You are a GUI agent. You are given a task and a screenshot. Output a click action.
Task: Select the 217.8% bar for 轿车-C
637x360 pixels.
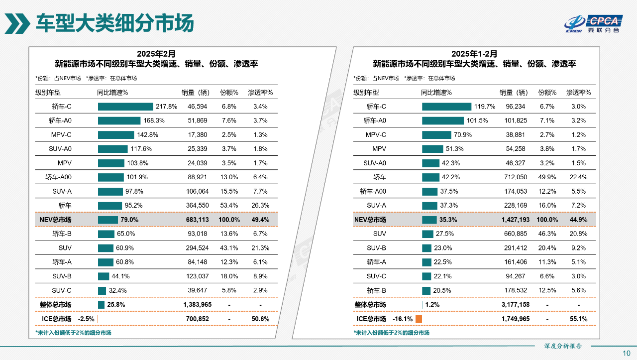click(125, 107)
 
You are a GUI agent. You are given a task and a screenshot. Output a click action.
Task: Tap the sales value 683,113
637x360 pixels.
click(197, 220)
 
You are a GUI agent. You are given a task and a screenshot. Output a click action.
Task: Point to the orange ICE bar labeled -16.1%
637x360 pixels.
click(419, 319)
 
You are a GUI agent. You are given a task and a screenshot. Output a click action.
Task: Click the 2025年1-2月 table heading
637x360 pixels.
click(474, 54)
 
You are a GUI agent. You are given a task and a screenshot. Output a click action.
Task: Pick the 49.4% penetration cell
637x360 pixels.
click(260, 220)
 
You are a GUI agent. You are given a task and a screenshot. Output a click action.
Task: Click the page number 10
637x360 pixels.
click(627, 353)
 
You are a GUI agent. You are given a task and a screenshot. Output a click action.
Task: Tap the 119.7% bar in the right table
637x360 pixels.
click(446, 107)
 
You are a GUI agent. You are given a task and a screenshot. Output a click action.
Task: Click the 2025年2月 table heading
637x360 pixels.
click(156, 54)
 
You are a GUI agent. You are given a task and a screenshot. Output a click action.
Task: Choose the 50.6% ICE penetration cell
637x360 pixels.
click(260, 319)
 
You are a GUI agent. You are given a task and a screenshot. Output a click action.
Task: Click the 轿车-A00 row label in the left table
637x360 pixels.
click(58, 177)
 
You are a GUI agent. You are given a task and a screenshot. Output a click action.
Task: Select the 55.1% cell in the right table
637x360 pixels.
click(578, 319)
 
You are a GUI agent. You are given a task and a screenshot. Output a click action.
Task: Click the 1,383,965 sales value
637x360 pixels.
click(197, 305)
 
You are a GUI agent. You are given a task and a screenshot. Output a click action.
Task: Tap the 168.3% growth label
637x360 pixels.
click(154, 120)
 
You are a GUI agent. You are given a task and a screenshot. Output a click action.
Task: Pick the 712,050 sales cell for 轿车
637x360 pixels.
click(515, 177)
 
